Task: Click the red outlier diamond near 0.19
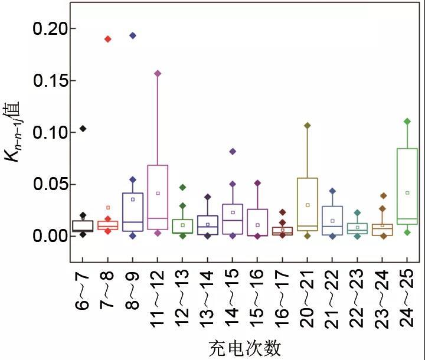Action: [x=108, y=39]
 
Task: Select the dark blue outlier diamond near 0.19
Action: [x=133, y=35]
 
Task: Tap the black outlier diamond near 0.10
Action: [x=83, y=128]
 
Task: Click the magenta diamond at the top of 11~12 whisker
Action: [x=158, y=74]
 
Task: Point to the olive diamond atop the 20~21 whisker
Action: [x=307, y=125]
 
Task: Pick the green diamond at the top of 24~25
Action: [x=407, y=121]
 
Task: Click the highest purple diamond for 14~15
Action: [x=233, y=152]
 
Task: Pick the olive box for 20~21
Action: [x=307, y=201]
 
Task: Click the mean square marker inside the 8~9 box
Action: [x=133, y=199]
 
